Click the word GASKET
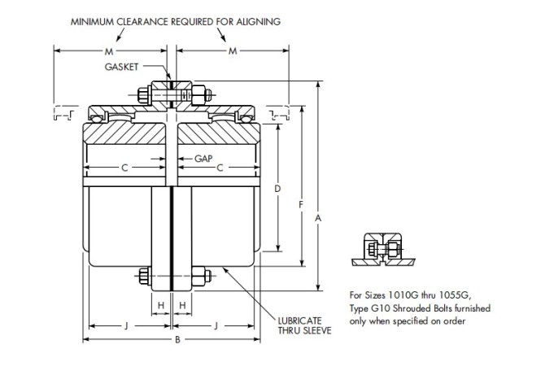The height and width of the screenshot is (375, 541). coord(120,66)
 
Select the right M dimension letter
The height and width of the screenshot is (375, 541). coord(233,50)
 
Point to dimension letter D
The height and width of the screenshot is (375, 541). coord(277,189)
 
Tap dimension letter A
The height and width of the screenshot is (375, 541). coord(317,218)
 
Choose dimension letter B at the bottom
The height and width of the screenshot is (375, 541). coord(177,339)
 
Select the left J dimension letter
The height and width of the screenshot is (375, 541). coord(127,325)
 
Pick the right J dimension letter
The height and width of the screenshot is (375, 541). coord(216,325)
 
